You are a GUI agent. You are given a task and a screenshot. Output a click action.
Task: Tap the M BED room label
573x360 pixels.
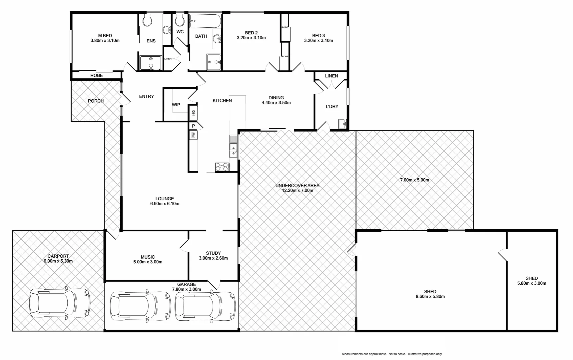(105, 36)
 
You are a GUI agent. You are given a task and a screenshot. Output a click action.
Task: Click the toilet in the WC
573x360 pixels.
(180, 21)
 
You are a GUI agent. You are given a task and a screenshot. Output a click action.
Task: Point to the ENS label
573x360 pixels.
(151, 41)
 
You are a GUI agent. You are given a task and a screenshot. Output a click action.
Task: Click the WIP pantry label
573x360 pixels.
(176, 105)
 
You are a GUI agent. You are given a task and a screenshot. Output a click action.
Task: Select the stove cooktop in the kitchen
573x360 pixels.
(222, 167)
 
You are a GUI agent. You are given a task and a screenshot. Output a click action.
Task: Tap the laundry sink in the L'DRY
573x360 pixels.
(343, 124)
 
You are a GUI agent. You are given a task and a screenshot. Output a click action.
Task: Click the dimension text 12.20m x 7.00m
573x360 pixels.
(297, 191)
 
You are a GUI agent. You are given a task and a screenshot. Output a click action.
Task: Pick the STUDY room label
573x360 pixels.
(213, 253)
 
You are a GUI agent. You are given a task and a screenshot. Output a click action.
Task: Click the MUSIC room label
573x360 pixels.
(148, 257)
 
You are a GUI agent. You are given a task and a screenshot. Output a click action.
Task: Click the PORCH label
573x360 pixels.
(96, 101)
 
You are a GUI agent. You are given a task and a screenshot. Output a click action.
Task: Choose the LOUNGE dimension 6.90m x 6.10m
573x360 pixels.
(165, 204)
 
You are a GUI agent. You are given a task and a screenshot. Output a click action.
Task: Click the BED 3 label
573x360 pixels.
(318, 36)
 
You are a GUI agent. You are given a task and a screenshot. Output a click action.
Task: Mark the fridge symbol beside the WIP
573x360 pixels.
(193, 113)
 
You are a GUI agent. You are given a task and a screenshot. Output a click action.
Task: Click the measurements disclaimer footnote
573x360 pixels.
(392, 354)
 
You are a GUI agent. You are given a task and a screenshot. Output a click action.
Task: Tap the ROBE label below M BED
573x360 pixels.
(97, 76)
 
